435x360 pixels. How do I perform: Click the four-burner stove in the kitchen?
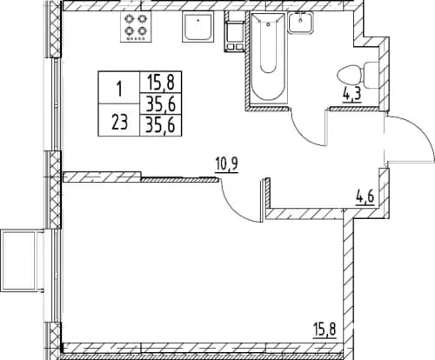point(136,28)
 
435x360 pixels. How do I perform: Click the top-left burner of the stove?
point(129,21)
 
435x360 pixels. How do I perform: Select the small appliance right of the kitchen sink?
point(232,30)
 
